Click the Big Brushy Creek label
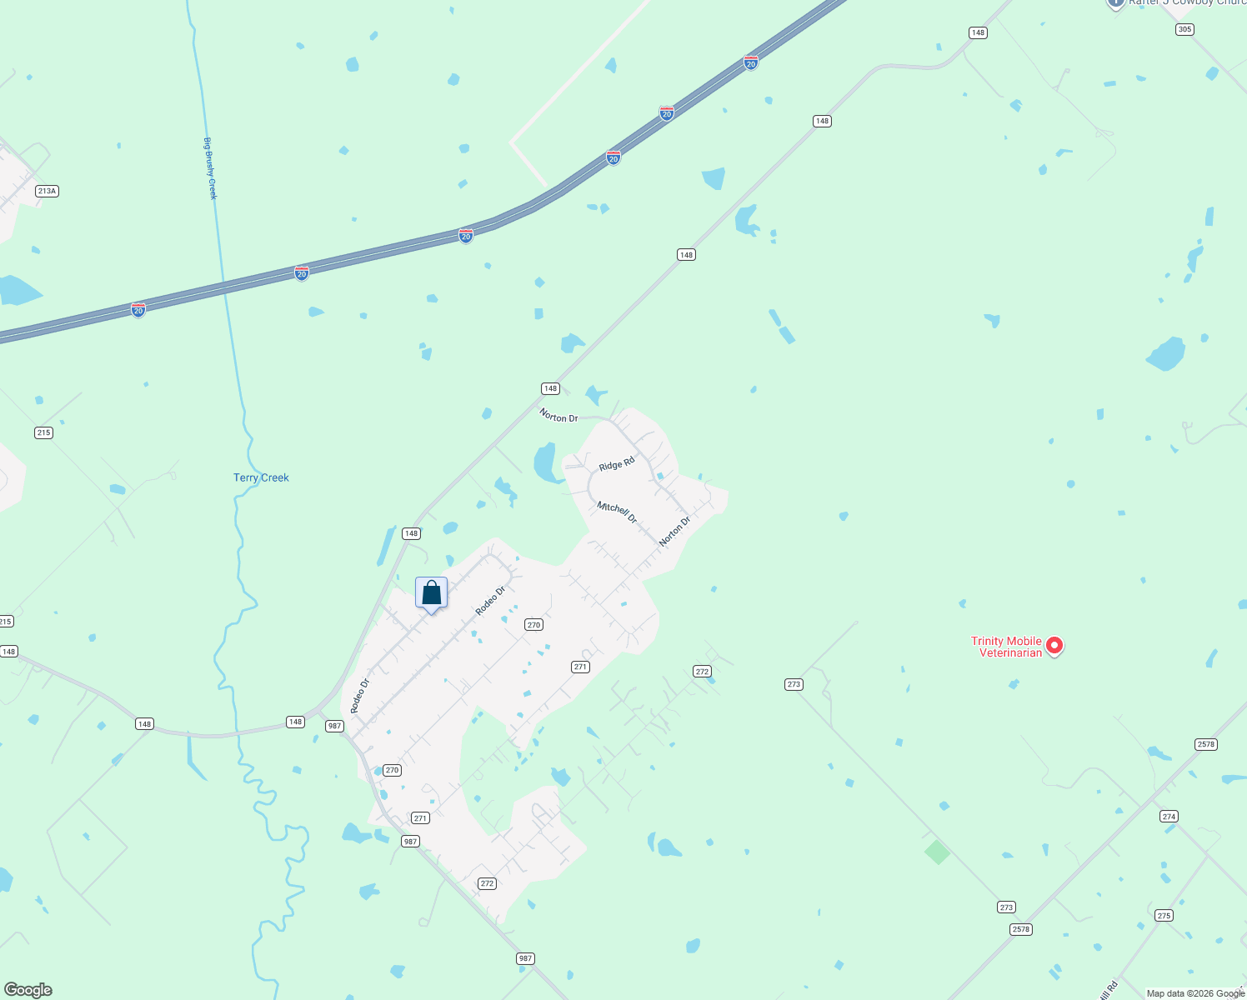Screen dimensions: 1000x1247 pyautogui.click(x=211, y=168)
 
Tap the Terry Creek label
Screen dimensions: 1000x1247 pyautogui.click(x=261, y=477)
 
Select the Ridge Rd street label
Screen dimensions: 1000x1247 pyautogui.click(x=617, y=464)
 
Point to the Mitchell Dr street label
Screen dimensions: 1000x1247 pyautogui.click(x=617, y=512)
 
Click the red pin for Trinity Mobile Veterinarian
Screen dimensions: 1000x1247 pyautogui.click(x=1054, y=645)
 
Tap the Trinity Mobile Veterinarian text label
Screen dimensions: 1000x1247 pyautogui.click(x=1006, y=647)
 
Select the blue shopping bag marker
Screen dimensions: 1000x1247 pyautogui.click(x=431, y=593)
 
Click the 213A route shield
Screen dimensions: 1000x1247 pyautogui.click(x=47, y=191)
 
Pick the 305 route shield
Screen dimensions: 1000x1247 pyautogui.click(x=1184, y=29)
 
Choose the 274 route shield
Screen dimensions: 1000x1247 pyautogui.click(x=1169, y=817)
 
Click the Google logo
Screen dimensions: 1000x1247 pyautogui.click(x=28, y=990)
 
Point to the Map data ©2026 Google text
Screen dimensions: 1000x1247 pyautogui.click(x=1195, y=993)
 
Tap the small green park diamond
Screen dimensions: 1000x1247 pyautogui.click(x=937, y=852)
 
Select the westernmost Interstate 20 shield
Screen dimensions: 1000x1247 pyautogui.click(x=138, y=310)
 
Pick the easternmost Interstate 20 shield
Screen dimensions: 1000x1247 pyautogui.click(x=751, y=62)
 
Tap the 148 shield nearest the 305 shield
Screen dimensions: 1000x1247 pyautogui.click(x=978, y=32)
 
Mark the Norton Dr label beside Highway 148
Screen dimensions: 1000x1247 pyautogui.click(x=558, y=416)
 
